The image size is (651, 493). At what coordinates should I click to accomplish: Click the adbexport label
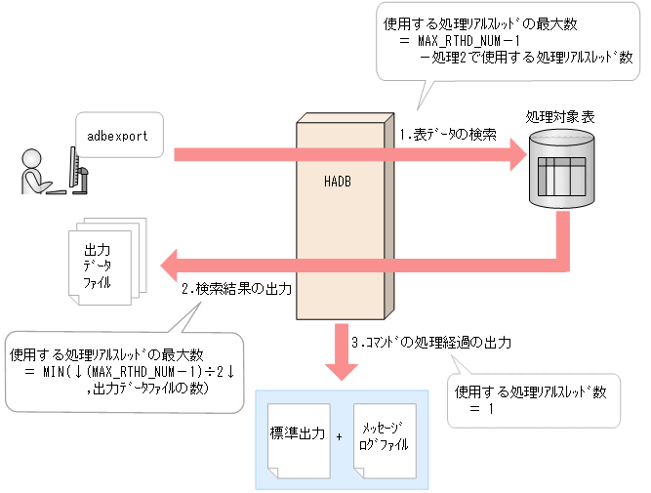(117, 136)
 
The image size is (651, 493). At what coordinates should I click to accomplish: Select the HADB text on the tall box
(337, 182)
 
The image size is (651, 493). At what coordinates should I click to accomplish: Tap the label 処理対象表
(561, 116)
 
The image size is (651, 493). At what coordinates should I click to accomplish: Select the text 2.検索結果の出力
(237, 291)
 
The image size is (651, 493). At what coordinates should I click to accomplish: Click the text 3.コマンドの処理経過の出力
(431, 343)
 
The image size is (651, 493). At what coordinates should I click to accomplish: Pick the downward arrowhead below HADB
(339, 371)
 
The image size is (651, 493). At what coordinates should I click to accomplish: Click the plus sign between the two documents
(339, 436)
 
